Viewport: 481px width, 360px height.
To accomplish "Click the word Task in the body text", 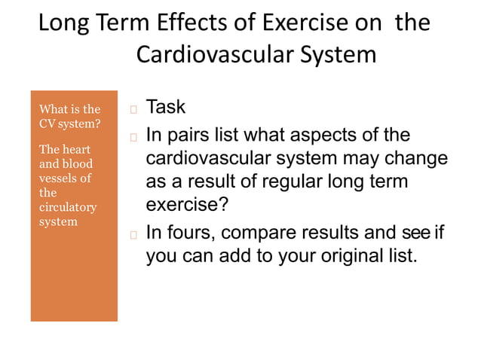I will [165, 108].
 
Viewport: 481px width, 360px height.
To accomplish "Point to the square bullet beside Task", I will [133, 109].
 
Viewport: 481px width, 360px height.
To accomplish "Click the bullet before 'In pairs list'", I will [133, 137].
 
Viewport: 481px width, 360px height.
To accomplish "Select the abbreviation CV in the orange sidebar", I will [47, 123].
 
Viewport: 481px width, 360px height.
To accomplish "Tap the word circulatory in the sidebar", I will [67, 206].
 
